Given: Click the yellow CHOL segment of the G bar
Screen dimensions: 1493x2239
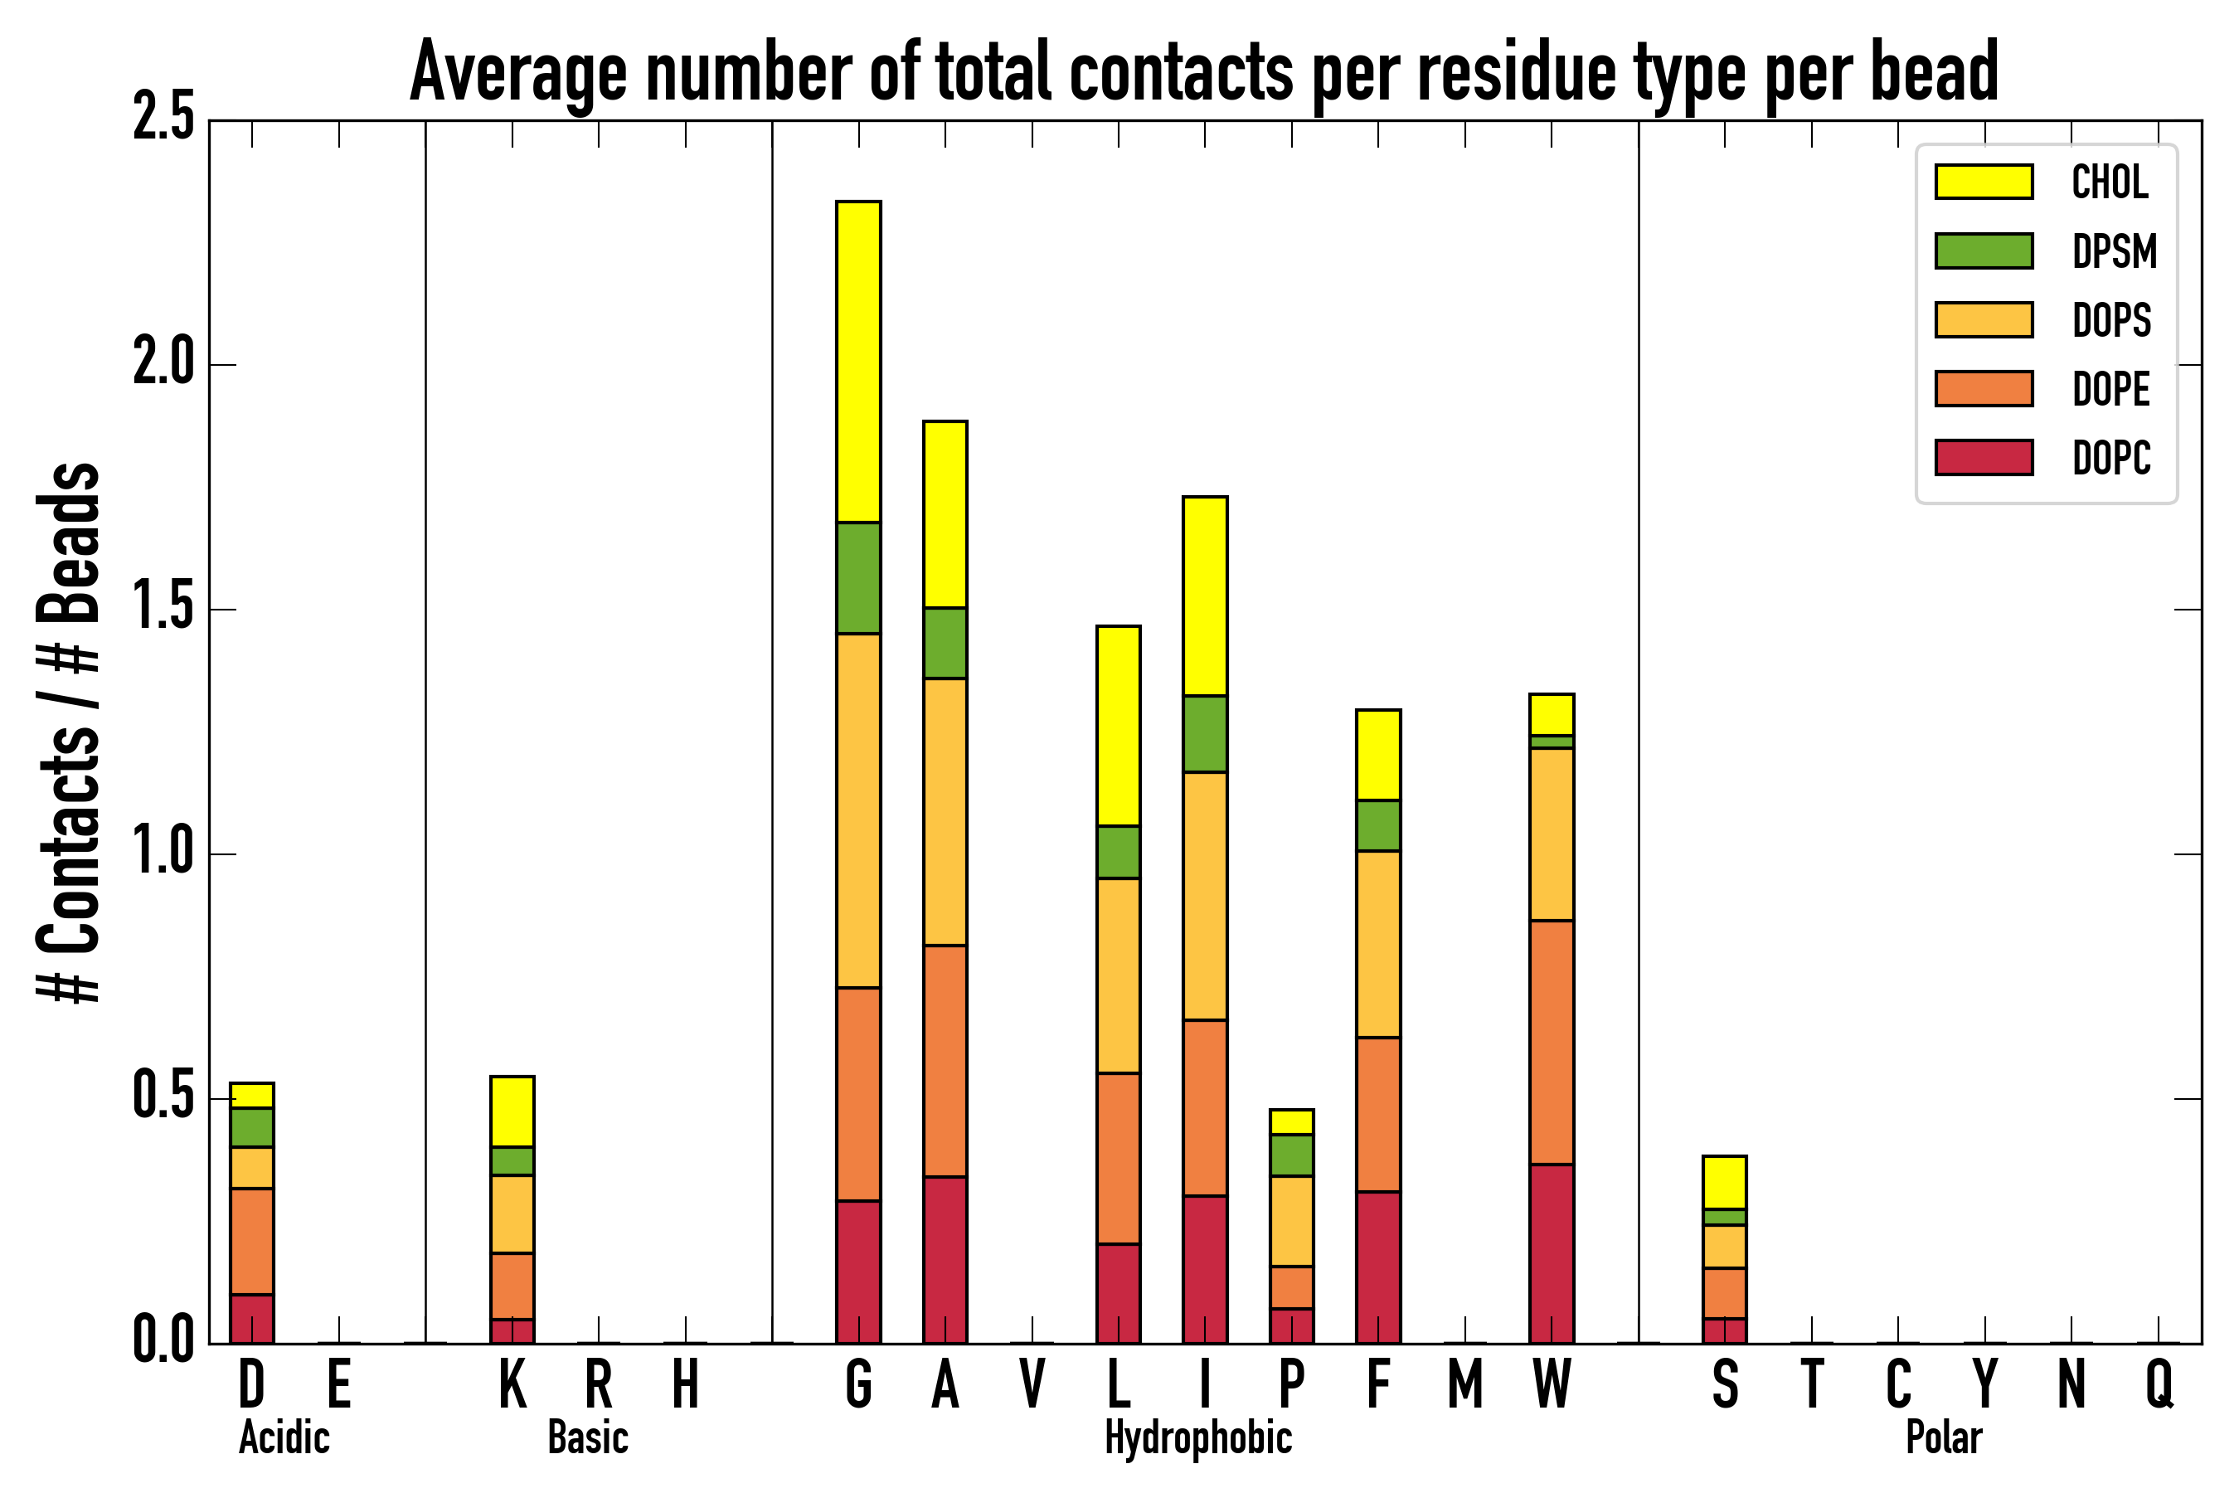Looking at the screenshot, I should coord(857,362).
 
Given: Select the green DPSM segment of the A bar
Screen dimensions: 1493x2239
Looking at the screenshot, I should coord(945,643).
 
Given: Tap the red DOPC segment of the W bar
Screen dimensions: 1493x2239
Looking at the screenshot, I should coord(1551,1253).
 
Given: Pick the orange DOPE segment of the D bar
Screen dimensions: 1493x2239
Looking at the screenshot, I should coord(252,1241).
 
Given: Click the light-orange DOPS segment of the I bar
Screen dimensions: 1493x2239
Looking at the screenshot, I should coord(1204,896).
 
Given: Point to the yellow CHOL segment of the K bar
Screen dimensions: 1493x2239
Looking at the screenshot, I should coord(512,1111).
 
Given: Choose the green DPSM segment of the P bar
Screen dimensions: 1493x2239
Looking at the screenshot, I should coord(1291,1155).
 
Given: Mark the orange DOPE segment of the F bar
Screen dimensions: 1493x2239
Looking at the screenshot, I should coord(1377,1114).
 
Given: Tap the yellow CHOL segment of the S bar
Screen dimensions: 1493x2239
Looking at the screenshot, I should coord(1724,1183).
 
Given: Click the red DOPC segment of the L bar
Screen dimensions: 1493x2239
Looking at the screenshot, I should coord(1118,1293).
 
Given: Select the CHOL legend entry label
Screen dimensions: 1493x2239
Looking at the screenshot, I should coord(2110,182).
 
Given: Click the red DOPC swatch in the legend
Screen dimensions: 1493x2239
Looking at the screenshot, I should coord(1984,457).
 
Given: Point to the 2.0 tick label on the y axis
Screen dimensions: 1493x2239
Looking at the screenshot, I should coord(163,365).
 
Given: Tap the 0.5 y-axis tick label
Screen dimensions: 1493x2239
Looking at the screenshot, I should coord(163,1098).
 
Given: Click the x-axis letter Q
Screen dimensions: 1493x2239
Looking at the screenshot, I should coord(2159,1384).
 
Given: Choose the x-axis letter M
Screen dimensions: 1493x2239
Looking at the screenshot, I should coord(1465,1384).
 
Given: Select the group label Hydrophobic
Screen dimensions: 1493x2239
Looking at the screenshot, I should coord(1197,1437).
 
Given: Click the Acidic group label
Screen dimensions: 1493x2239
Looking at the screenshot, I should coord(284,1437).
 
